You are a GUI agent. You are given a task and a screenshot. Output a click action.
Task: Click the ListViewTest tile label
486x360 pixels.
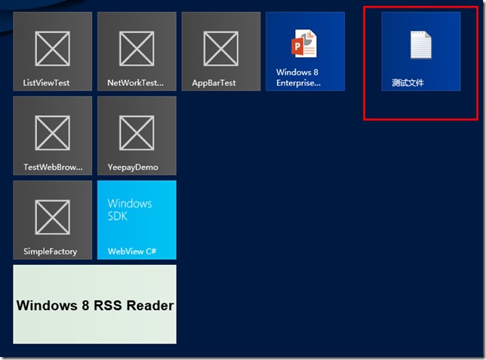point(46,82)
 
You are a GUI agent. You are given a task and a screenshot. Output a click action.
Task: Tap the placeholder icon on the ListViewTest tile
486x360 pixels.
point(53,49)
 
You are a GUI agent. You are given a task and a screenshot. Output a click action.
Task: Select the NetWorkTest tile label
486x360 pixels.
point(135,82)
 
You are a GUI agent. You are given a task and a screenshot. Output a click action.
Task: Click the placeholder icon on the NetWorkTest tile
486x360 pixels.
point(137,49)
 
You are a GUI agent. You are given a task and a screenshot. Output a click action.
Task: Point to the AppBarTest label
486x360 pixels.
point(214,82)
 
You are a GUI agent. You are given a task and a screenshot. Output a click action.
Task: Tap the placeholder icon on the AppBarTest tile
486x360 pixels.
point(221,49)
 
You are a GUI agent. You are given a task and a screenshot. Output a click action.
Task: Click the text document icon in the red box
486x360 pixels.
point(420,45)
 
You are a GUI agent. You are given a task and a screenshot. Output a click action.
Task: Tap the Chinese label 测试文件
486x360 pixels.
point(408,82)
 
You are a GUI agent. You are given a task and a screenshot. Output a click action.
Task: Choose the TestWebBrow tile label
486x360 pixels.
point(53,167)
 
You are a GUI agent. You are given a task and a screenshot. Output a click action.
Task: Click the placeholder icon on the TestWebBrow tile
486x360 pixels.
point(53,134)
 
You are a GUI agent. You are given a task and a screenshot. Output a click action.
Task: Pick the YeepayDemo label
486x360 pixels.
point(133,167)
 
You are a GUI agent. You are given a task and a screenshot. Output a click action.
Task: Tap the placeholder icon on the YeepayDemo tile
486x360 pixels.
point(137,134)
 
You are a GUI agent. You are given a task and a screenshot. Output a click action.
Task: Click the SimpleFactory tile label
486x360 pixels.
point(50,251)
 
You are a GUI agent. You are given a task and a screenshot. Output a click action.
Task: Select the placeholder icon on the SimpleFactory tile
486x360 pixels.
point(53,218)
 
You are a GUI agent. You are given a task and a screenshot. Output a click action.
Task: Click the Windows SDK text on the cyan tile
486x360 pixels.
point(130,210)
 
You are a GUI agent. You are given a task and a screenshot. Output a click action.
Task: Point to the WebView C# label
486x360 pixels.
point(132,251)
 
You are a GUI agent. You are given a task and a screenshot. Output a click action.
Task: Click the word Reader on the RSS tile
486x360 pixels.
point(149,306)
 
